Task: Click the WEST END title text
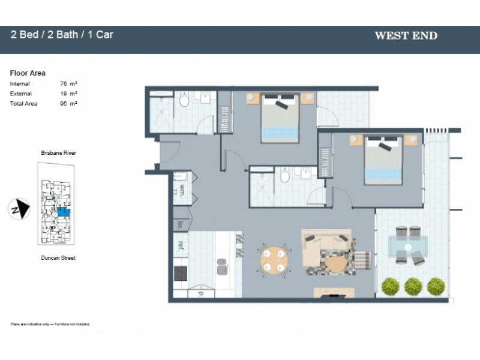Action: (406, 35)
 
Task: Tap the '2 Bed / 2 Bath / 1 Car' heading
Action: (62, 34)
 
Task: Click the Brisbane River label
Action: (58, 153)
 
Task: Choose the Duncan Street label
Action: (58, 258)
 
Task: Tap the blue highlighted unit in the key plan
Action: (62, 211)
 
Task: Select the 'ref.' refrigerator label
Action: (180, 244)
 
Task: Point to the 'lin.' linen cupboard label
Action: (180, 225)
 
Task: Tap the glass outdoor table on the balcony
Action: (408, 245)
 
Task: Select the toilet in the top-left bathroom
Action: (184, 101)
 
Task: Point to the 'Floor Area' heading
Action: (28, 73)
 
